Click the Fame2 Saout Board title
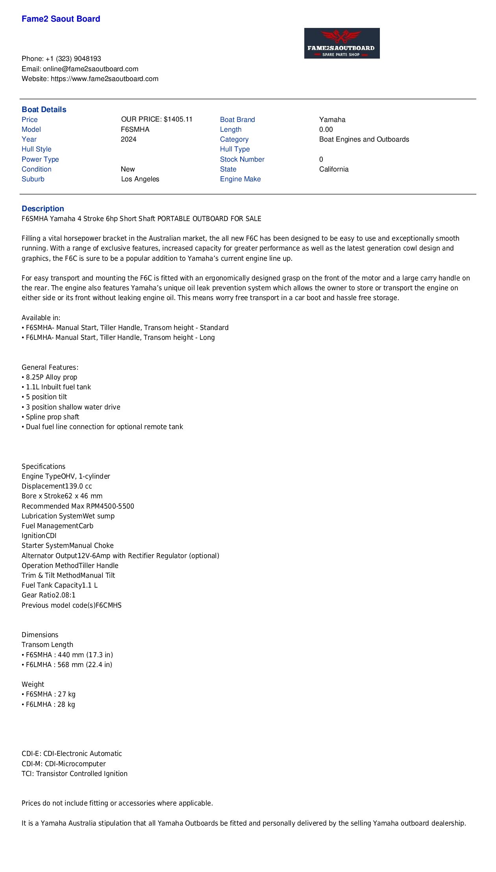pos(61,19)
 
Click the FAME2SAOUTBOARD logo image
pos(342,43)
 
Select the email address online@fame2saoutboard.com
pos(91,69)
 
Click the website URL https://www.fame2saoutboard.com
pos(105,79)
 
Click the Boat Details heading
pos(44,110)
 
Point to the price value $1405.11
pos(178,119)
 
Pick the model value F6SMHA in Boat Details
pos(135,129)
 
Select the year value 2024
pos(128,139)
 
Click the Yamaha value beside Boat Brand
pos(332,120)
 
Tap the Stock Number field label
pos(242,159)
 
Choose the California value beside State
pos(334,169)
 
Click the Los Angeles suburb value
pos(140,179)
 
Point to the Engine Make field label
pos(240,179)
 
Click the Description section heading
pos(43,209)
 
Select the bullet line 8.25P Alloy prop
pos(51,377)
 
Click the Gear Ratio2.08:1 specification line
pos(48,595)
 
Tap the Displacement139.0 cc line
pos(57,486)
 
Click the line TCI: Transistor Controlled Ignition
pos(74,774)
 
